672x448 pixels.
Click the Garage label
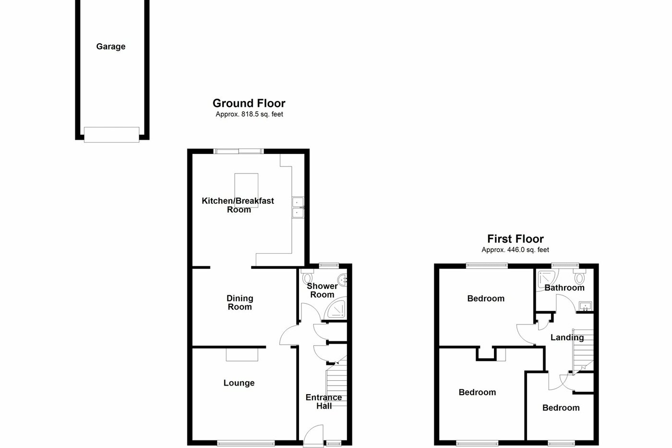coord(111,47)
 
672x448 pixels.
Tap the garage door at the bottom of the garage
coord(112,134)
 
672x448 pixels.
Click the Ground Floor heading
coord(249,103)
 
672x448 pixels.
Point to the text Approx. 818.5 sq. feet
coord(249,114)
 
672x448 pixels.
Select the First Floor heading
coord(515,239)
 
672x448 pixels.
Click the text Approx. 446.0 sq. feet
coord(515,250)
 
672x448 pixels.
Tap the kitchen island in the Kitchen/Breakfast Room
coord(246,190)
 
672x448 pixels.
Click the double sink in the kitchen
coord(298,207)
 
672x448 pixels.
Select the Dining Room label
coord(240,302)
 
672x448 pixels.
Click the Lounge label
coord(239,383)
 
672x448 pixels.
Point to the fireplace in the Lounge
coord(242,354)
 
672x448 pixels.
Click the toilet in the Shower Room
coord(307,278)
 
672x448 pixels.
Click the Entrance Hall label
coord(324,401)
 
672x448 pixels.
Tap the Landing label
coord(567,337)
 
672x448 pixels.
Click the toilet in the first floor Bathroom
coord(580,277)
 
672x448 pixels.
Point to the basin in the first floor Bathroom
coord(585,306)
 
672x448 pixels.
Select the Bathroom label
coord(564,287)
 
